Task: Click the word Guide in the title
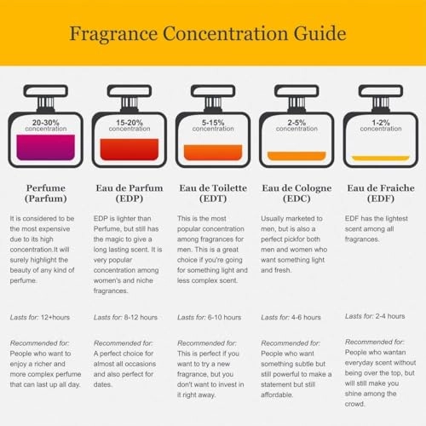(319, 33)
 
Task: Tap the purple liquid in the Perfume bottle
(46, 147)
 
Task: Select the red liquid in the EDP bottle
(130, 149)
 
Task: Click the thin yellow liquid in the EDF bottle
(381, 158)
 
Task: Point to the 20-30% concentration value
(46, 123)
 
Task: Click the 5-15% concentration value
(213, 123)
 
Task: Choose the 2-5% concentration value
(296, 123)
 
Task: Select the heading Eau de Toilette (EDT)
(213, 193)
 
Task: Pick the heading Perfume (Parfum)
(46, 193)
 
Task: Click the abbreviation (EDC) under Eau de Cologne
(296, 199)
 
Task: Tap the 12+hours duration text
(55, 317)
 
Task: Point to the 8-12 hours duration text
(141, 317)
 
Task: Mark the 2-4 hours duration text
(390, 316)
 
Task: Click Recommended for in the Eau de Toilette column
(207, 343)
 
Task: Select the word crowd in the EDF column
(354, 404)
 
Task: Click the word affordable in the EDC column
(277, 394)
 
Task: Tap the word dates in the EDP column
(103, 384)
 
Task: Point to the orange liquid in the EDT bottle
(213, 153)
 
